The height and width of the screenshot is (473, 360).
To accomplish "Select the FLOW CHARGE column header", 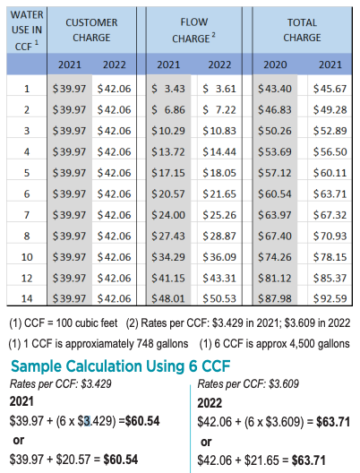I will [194, 30].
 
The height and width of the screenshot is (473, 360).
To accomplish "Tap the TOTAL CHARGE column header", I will [303, 30].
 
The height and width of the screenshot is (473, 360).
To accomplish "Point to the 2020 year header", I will [274, 64].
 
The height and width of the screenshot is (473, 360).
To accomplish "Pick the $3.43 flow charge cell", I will [168, 89].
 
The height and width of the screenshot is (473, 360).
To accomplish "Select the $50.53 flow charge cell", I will [219, 297].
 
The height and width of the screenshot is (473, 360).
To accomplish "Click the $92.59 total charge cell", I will [330, 297].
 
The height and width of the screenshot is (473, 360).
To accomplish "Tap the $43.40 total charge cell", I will [275, 89].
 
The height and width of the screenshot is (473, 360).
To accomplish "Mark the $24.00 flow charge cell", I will [168, 214].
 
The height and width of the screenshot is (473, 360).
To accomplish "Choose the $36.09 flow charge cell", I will [219, 256].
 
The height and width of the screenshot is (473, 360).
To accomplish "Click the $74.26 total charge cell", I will [275, 256].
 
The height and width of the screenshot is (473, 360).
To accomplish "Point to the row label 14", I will [27, 297].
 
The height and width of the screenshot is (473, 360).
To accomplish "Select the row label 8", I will [27, 235].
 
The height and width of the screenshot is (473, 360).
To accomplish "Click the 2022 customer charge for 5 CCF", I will [115, 172].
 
